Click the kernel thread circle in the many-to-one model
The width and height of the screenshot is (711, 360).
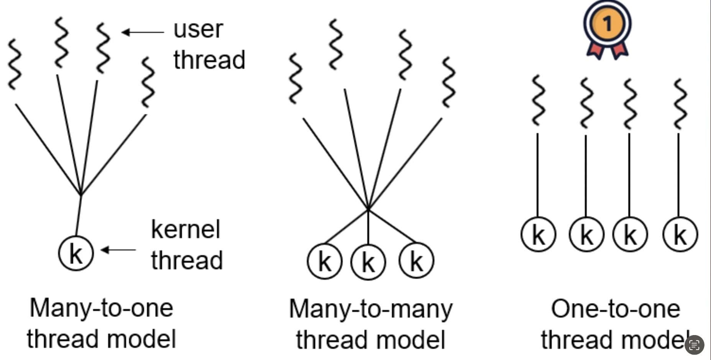point(76,253)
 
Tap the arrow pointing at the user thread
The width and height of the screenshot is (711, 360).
point(143,32)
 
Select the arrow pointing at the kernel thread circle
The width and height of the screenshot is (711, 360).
point(118,250)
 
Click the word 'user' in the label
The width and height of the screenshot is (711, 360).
point(198,29)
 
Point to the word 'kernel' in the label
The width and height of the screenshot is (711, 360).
point(186,230)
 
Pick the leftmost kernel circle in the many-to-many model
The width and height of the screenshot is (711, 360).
point(324,261)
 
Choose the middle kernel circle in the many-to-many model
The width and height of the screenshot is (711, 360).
point(368,262)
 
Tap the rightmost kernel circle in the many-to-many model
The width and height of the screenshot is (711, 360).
point(416,261)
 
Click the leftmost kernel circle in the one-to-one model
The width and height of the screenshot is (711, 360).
point(538,234)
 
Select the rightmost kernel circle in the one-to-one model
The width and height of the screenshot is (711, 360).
point(680,234)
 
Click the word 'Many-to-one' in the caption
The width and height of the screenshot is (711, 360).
point(102,308)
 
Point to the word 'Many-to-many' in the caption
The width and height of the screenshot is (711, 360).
point(371,309)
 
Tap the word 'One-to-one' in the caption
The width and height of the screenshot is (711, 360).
point(616,309)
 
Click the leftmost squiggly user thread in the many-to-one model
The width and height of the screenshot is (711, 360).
point(15,64)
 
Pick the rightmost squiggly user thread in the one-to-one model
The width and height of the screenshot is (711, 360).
point(680,104)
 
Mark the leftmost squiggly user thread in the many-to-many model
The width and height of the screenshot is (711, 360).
point(295,78)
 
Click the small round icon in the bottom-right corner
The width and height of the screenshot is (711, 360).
point(694,345)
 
